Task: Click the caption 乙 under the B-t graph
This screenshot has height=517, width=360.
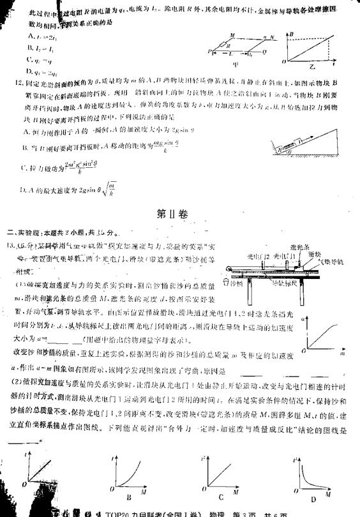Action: point(312,66)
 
